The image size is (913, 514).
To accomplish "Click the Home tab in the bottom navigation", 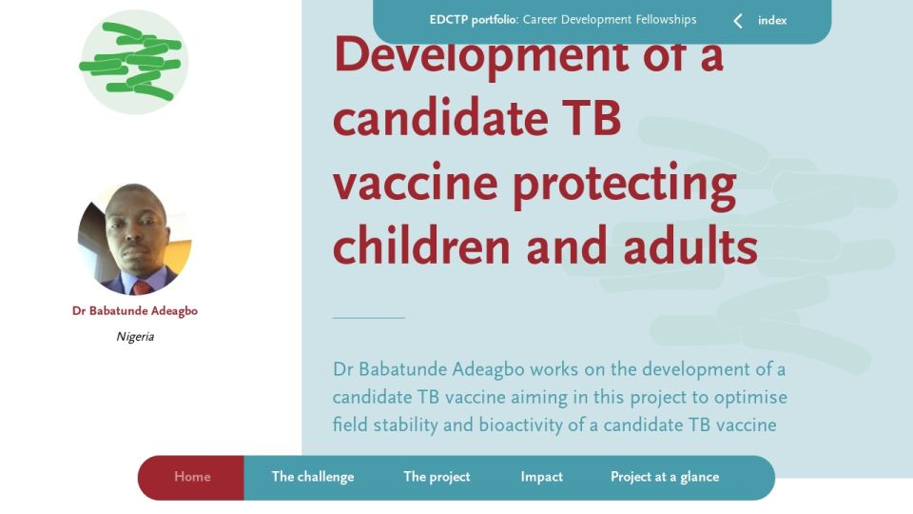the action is [x=192, y=477].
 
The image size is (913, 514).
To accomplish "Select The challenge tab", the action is [x=313, y=477].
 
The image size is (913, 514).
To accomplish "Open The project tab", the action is [x=437, y=477].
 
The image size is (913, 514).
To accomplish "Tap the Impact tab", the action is [x=541, y=477].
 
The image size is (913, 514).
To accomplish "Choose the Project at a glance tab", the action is [x=665, y=477].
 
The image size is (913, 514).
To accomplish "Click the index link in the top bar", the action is [x=772, y=20].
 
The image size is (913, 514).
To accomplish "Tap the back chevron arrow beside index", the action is [x=738, y=21].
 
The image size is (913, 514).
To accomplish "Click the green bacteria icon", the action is [x=134, y=62].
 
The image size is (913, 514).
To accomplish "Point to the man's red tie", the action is [x=141, y=287].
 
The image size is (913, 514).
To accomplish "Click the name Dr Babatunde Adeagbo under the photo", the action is [x=135, y=310].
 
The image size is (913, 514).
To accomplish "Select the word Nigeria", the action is [x=135, y=336].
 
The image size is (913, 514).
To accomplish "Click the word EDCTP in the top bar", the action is [x=449, y=19].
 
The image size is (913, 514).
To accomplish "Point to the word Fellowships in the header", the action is [x=666, y=19].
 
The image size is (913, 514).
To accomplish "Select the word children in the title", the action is [x=421, y=246].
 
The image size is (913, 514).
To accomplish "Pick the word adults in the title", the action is [x=690, y=246].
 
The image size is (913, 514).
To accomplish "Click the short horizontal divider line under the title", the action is [x=369, y=318].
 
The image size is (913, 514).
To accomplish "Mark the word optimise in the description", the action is [x=750, y=398].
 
